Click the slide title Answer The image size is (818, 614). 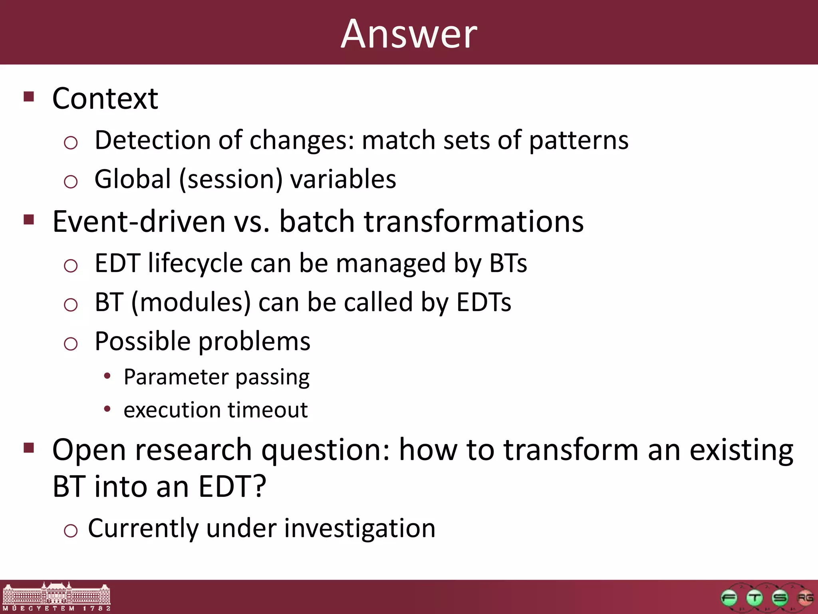click(409, 34)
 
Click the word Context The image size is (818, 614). click(105, 99)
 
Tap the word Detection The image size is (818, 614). click(152, 140)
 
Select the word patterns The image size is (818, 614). click(578, 141)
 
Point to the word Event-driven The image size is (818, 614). click(139, 222)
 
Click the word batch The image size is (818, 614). click(316, 222)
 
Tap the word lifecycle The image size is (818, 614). click(195, 264)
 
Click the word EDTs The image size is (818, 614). click(483, 303)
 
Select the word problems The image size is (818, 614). click(254, 342)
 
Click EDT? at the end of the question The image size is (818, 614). click(232, 487)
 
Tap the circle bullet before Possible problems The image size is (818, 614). click(71, 343)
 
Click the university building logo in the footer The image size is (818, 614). click(56, 596)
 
